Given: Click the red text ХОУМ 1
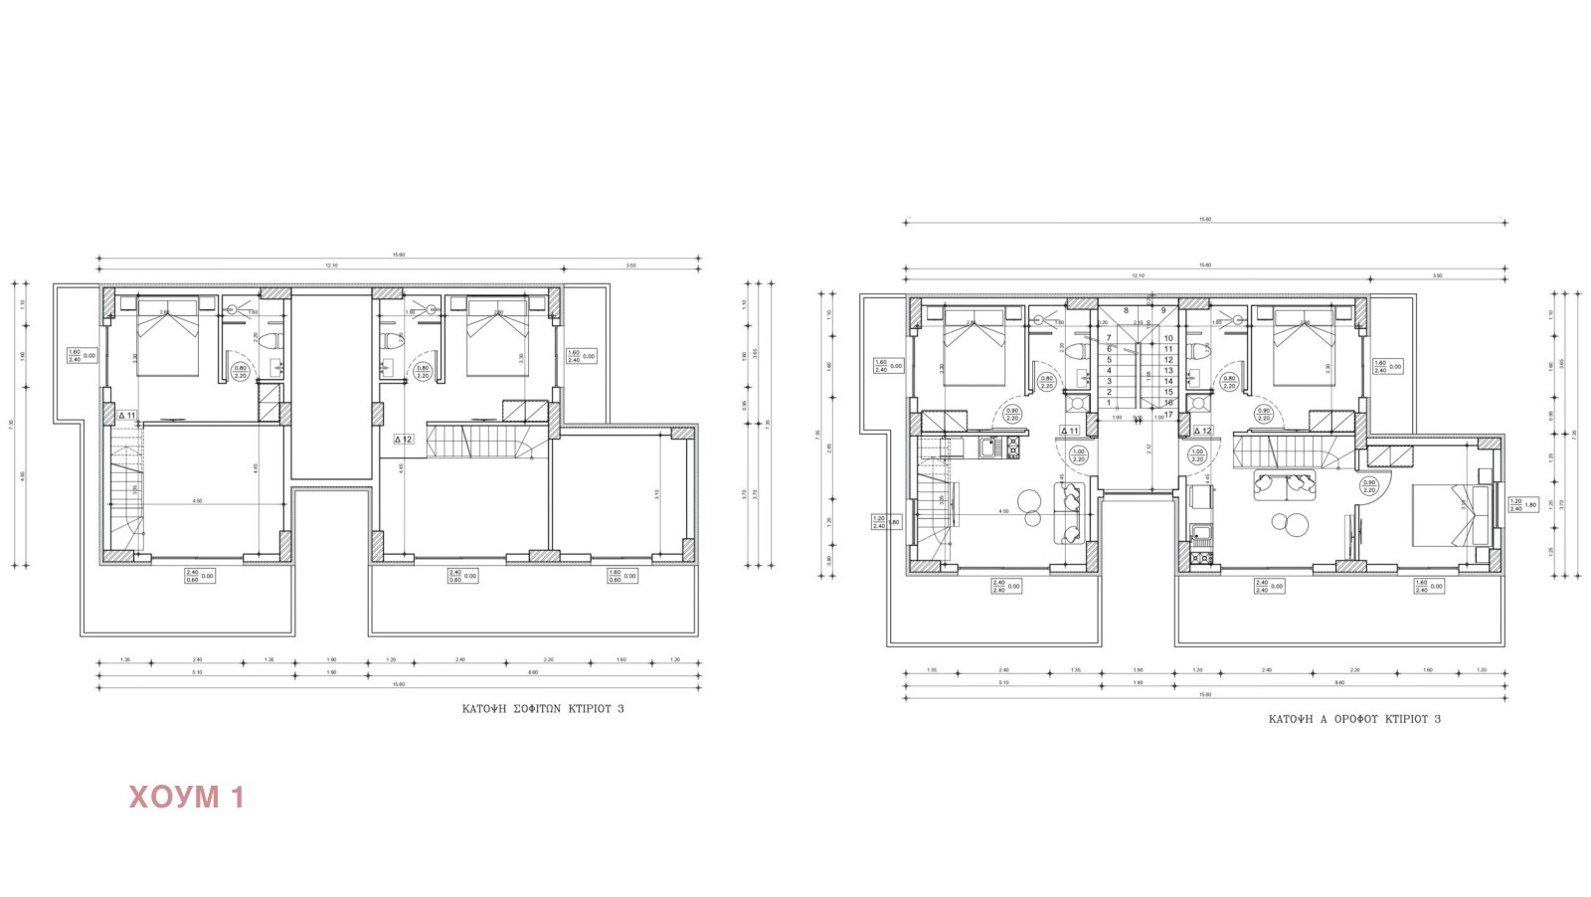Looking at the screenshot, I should (186, 797).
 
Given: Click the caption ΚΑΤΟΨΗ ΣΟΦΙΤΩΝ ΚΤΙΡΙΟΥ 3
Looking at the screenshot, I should (543, 709).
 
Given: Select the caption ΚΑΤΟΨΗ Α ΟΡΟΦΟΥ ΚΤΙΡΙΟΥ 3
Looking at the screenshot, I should (1354, 719).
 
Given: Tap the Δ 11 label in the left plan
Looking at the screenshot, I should (126, 416).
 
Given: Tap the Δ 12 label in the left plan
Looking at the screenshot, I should (403, 439).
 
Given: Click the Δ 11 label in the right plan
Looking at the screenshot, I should (1069, 431).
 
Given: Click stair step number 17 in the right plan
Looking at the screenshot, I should (1168, 415).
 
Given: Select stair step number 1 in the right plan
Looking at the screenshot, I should (1109, 403).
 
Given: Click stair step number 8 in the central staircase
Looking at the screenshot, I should (1126, 310).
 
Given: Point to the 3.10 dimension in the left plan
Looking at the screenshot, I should (657, 493).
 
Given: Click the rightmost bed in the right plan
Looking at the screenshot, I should (1453, 516).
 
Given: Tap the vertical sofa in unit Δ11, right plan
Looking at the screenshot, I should (1068, 511).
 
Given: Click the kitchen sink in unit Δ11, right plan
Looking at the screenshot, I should (989, 448).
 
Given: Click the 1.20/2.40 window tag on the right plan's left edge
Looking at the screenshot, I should (879, 521).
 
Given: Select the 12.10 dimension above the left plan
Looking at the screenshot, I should (331, 266).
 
